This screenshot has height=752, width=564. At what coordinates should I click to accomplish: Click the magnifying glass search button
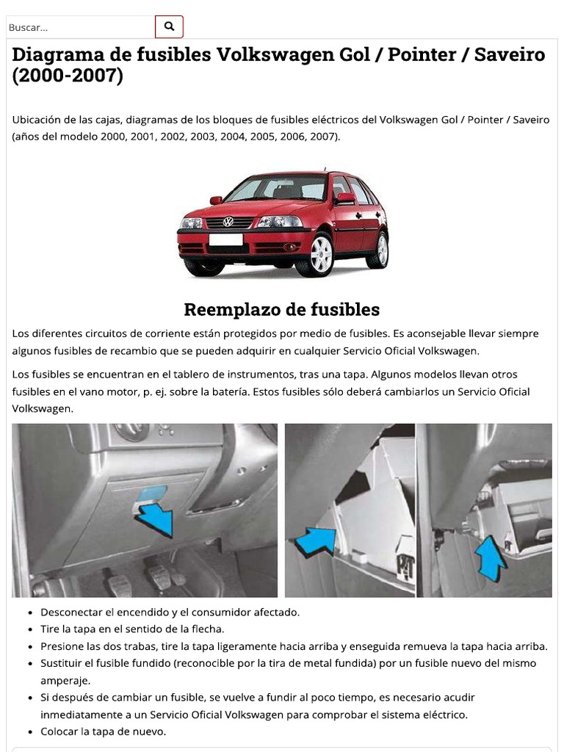[x=169, y=27]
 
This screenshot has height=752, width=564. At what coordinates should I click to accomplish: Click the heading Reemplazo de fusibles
[x=281, y=309]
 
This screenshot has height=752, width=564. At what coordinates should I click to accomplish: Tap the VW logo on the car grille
[x=228, y=222]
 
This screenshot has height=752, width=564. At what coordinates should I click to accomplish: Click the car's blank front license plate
[x=225, y=239]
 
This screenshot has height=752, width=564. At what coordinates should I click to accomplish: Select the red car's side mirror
[x=345, y=198]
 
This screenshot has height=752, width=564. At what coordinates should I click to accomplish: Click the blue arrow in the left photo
[x=156, y=518]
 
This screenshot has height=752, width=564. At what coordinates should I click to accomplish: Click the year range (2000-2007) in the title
[x=68, y=76]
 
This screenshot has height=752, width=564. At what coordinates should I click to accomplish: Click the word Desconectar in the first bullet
[x=72, y=612]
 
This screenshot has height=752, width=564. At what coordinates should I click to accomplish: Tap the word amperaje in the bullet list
[x=65, y=680]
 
